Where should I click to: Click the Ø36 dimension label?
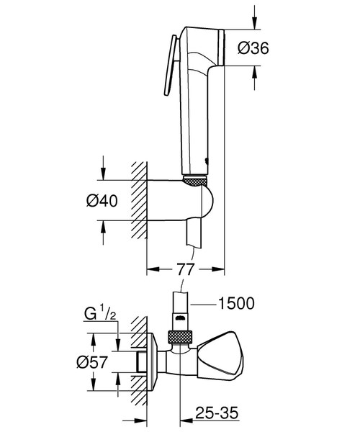(253, 48)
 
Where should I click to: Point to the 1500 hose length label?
(236, 303)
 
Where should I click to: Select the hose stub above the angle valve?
(181, 310)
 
